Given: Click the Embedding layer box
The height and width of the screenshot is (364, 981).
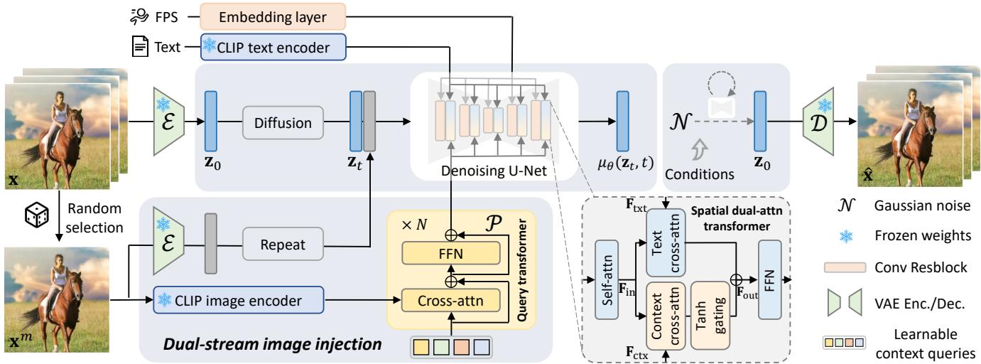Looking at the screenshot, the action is click(x=273, y=16).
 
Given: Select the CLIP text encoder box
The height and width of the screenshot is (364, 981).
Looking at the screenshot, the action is click(x=273, y=47).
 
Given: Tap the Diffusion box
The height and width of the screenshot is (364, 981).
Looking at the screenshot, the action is click(x=283, y=123).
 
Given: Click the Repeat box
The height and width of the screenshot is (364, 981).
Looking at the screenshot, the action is click(x=283, y=245).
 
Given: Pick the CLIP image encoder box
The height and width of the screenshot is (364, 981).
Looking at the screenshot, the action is click(x=238, y=301).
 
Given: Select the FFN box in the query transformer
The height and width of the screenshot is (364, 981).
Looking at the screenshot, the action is click(x=450, y=254).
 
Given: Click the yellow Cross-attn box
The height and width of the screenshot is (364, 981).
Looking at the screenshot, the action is click(x=450, y=301).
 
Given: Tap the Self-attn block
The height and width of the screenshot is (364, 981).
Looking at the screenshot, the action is click(x=607, y=279).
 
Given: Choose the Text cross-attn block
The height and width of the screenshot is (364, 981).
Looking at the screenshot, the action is click(x=666, y=243).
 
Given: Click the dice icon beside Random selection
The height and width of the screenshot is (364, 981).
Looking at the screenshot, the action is click(x=37, y=215).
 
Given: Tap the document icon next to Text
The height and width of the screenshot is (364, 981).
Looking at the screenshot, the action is click(x=140, y=46).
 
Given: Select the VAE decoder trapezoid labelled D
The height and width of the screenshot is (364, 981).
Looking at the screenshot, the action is click(x=818, y=122).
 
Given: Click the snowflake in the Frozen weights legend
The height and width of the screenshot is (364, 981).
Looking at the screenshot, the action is click(x=845, y=237).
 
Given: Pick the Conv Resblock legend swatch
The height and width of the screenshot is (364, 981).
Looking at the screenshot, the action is click(x=845, y=267).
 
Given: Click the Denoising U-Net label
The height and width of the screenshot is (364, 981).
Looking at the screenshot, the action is click(x=494, y=171).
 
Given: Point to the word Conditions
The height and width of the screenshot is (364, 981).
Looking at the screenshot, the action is click(x=700, y=174).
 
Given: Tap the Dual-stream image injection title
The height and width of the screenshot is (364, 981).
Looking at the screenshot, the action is click(x=272, y=344).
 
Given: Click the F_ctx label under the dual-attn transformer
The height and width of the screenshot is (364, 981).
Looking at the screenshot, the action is click(x=636, y=353).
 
